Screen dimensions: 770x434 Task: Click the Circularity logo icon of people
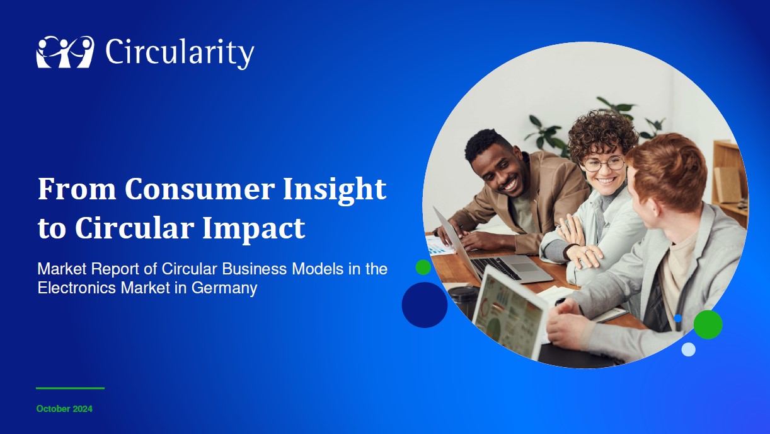click(66, 52)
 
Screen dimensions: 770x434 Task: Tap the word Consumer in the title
click(199, 189)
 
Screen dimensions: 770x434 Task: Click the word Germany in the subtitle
click(224, 288)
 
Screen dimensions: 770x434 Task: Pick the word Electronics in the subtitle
click(77, 288)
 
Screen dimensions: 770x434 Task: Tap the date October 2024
click(64, 409)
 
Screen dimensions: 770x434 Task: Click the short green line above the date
click(70, 388)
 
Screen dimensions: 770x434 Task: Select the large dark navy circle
click(425, 305)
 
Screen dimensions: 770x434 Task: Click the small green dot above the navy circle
click(423, 267)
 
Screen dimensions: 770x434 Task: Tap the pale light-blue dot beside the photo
click(689, 349)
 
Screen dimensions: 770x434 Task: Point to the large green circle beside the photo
click(708, 324)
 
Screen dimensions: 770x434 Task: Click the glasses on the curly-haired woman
click(604, 163)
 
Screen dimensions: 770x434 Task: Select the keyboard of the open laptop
click(495, 267)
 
